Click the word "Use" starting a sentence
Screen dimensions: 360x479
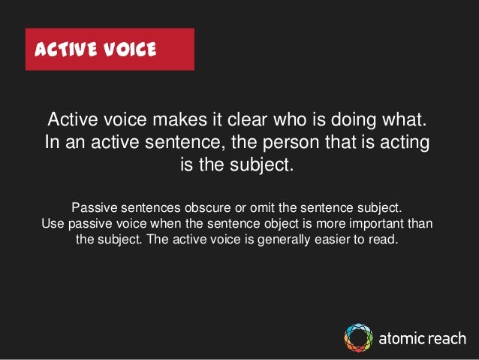53,224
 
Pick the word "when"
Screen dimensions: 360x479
170,224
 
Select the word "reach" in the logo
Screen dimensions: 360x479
446,338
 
